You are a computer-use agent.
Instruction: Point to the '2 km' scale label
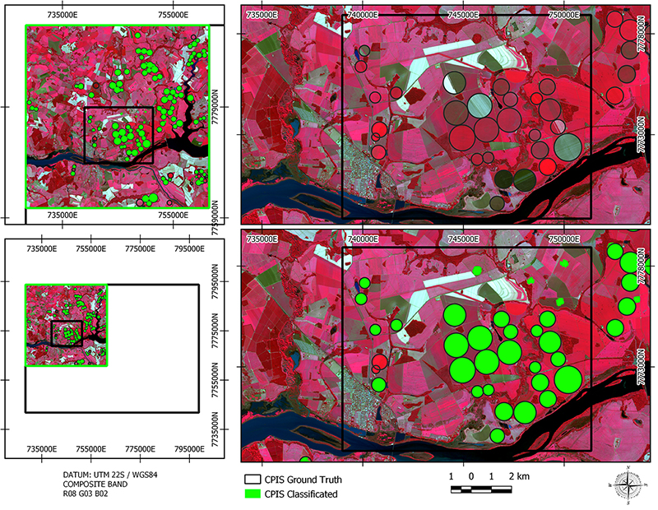(519, 477)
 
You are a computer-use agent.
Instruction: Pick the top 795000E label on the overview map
(189, 248)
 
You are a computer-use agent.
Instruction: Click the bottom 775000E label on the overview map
(140, 448)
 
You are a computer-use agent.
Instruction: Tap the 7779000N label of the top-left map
(217, 107)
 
